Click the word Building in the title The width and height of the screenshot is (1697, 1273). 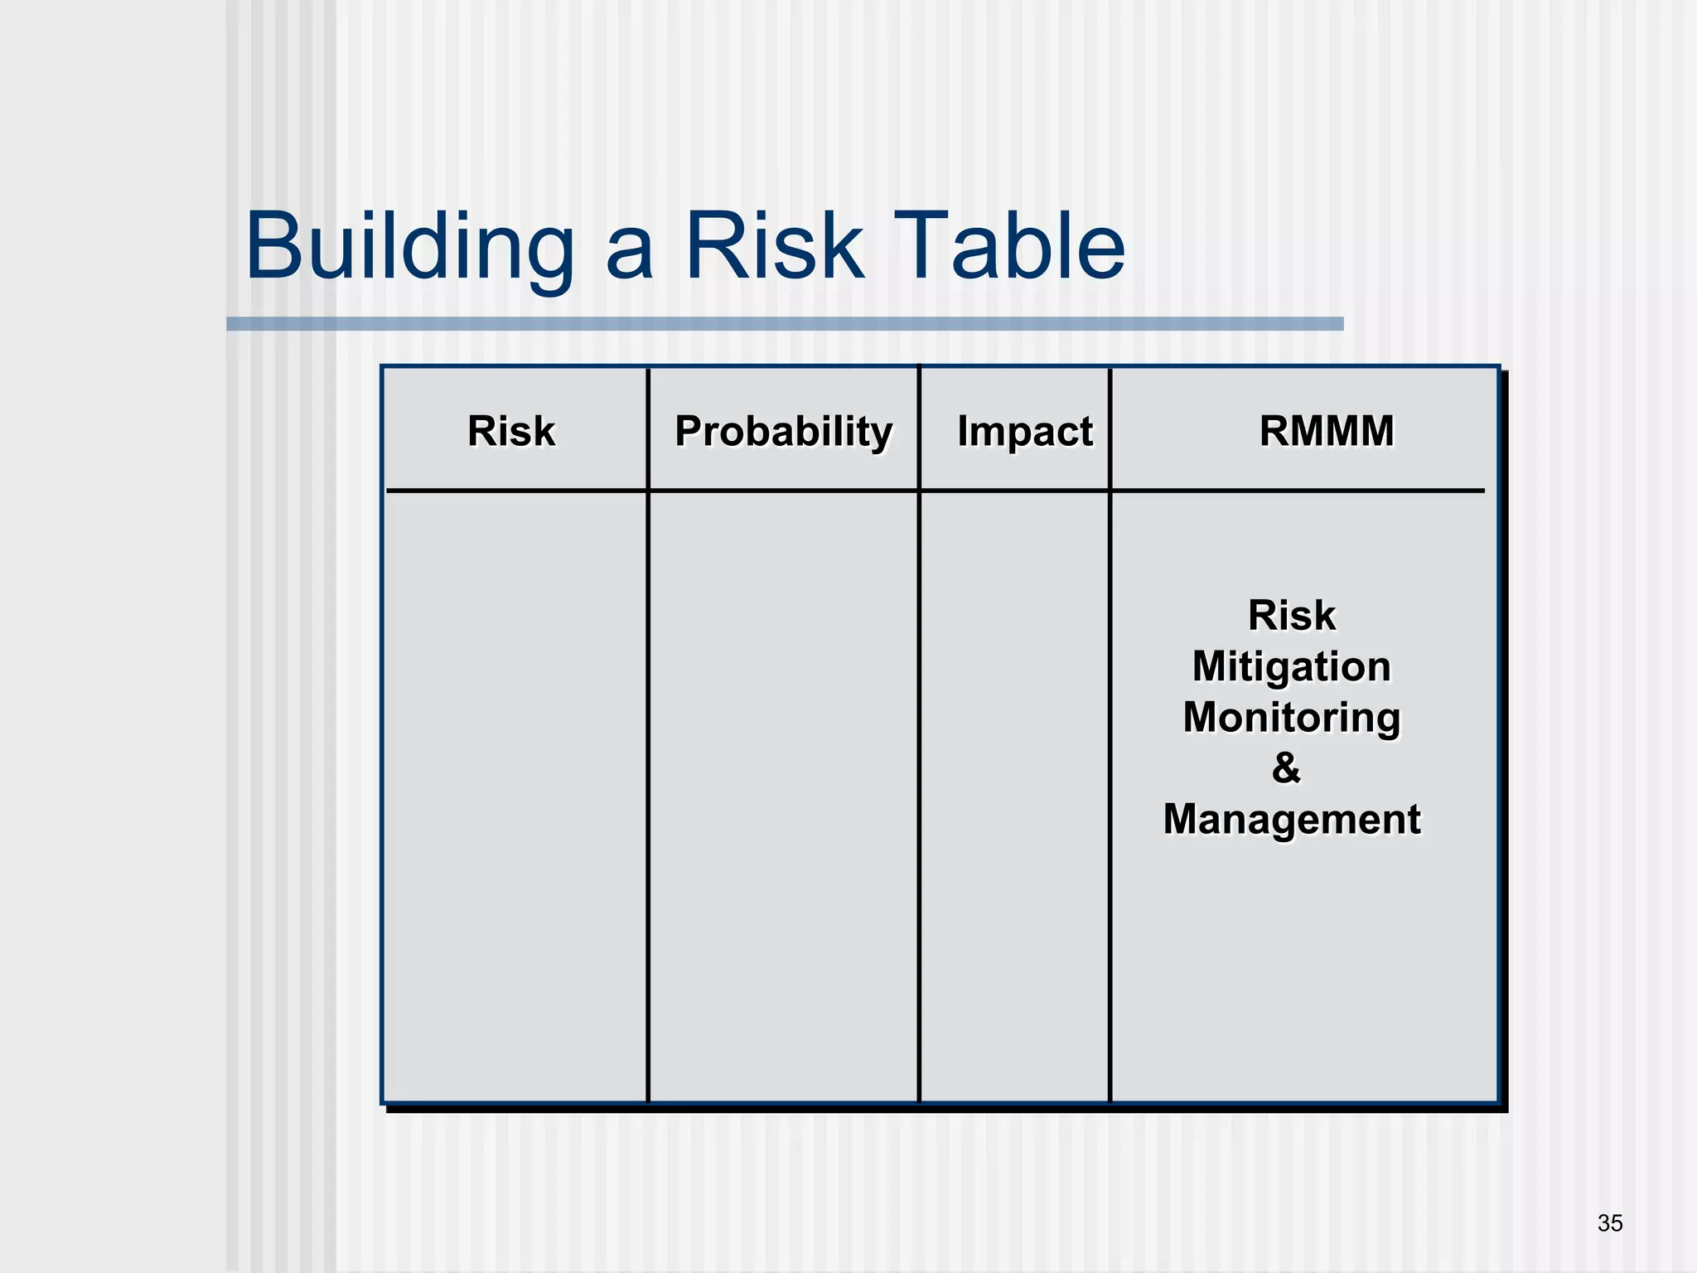pos(410,247)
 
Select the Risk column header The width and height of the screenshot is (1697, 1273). pos(511,431)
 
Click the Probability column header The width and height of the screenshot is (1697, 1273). pos(783,431)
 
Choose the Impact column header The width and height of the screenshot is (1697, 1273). pos(1024,431)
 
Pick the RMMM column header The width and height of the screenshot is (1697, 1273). pos(1326,431)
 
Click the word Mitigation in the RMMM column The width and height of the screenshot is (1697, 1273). pos(1291,666)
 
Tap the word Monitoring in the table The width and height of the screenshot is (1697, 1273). pos(1291,718)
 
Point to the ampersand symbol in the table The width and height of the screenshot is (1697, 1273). pos(1286,767)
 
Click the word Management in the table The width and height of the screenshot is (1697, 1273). pos(1291,819)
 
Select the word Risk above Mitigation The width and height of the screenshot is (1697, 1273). pos(1291,616)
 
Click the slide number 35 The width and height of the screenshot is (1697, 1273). pos(1609,1222)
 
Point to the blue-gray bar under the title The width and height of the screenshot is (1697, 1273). pos(784,323)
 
